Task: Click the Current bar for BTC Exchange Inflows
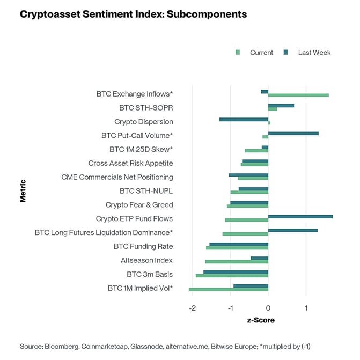[298, 95]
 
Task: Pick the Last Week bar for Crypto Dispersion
[244, 119]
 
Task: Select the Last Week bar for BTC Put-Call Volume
[293, 133]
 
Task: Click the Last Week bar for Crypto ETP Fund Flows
[300, 217]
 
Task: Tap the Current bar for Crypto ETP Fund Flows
[246, 220]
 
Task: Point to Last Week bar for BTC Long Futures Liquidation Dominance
[292, 231]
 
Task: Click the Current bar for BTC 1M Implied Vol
[228, 290]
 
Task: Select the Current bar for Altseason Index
[236, 262]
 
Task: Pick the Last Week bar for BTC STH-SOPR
[281, 106]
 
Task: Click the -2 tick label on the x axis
[192, 308]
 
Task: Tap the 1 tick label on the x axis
[306, 308]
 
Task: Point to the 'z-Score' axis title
[260, 320]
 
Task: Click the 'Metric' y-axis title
[23, 190]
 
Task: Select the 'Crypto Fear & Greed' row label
[139, 205]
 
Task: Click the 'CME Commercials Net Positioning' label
[117, 177]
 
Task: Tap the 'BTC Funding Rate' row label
[143, 247]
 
